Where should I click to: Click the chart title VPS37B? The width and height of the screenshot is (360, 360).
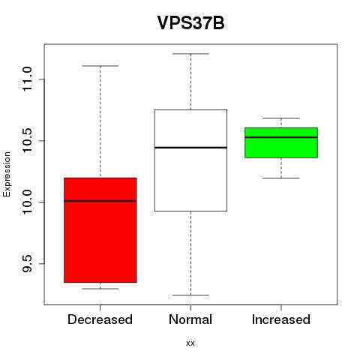190,23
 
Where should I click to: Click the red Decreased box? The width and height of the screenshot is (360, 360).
100,230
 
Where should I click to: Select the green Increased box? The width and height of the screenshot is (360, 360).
281,142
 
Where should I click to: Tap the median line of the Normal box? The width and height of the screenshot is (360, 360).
190,148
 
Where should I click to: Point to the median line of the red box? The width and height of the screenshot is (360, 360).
100,201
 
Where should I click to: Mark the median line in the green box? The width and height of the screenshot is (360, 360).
281,137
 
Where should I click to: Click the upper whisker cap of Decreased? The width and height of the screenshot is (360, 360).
100,66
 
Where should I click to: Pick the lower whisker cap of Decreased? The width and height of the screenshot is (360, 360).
100,289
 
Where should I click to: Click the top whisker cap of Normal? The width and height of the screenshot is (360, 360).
190,54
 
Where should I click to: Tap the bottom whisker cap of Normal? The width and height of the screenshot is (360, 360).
190,295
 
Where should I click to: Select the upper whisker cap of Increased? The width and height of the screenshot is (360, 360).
281,118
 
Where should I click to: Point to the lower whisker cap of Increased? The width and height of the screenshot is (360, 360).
281,178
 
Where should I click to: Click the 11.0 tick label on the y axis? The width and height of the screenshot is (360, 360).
27,79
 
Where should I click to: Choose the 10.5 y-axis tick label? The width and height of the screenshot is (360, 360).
27,141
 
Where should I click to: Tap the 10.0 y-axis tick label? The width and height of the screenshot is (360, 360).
27,202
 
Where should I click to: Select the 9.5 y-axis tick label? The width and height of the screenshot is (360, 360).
27,264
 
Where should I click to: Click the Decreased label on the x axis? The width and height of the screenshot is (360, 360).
100,319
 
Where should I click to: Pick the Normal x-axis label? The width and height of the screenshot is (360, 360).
190,319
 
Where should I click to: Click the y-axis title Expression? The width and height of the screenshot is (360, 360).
7,175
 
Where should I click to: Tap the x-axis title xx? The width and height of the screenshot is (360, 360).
190,343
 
